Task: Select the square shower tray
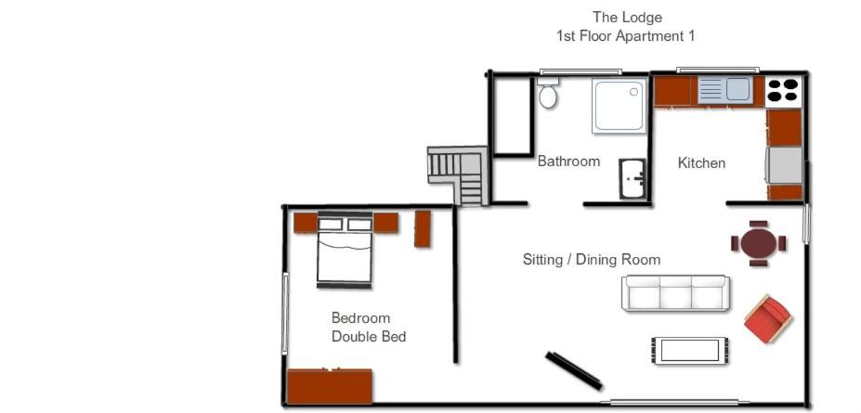pos(619,106)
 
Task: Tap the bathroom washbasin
pos(633,179)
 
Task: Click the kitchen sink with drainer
pos(724,89)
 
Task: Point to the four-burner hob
pos(783,91)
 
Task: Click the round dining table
pos(758,243)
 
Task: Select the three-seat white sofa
pos(675,293)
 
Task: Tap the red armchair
pos(767,318)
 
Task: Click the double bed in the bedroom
pos(345,250)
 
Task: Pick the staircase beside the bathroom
pos(458,174)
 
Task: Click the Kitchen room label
pos(701,163)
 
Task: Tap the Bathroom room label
pos(568,161)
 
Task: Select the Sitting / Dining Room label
pos(592,260)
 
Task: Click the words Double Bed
pos(369,336)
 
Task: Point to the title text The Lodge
pos(627,18)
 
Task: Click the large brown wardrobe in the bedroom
pos(330,386)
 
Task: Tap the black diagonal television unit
pos(573,370)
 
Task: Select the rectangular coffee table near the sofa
pos(690,351)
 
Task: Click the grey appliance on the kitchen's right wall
pos(785,165)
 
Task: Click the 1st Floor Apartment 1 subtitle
pos(626,37)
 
